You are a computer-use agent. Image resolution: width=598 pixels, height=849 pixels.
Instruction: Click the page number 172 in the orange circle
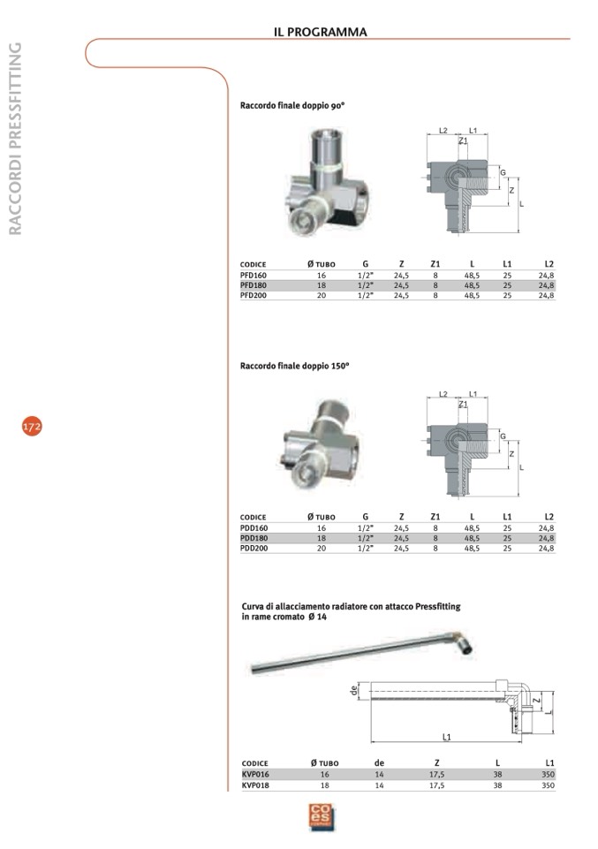(x=32, y=427)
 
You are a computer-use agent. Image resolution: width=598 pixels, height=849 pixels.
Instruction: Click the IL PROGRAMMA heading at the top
(x=321, y=32)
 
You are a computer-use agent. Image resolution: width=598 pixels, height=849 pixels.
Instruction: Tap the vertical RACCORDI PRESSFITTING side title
(x=15, y=139)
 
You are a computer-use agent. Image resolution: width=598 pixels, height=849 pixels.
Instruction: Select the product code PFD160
(x=254, y=275)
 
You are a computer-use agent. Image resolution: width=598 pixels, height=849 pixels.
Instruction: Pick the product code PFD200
(x=254, y=295)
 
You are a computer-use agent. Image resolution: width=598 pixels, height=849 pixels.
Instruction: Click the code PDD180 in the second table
(x=254, y=538)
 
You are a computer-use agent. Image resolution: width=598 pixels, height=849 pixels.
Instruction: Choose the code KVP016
(x=255, y=774)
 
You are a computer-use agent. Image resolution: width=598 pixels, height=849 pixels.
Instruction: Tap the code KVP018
(x=255, y=785)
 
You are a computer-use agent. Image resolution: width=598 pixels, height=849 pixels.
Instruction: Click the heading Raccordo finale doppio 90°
(x=292, y=106)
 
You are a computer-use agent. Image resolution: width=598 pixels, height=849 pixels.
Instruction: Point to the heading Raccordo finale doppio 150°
(x=295, y=366)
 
